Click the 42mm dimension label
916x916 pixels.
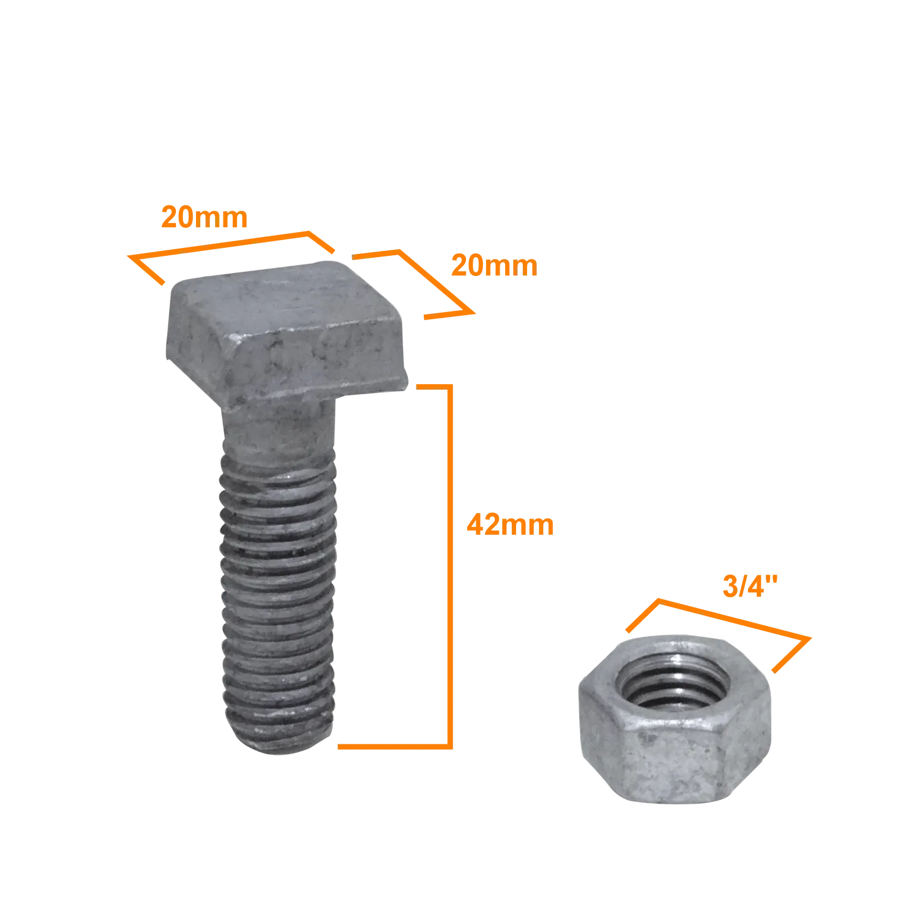coord(510,525)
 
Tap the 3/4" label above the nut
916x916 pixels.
coord(750,586)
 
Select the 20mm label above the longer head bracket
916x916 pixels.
coord(204,217)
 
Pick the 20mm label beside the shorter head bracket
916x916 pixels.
coord(494,266)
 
